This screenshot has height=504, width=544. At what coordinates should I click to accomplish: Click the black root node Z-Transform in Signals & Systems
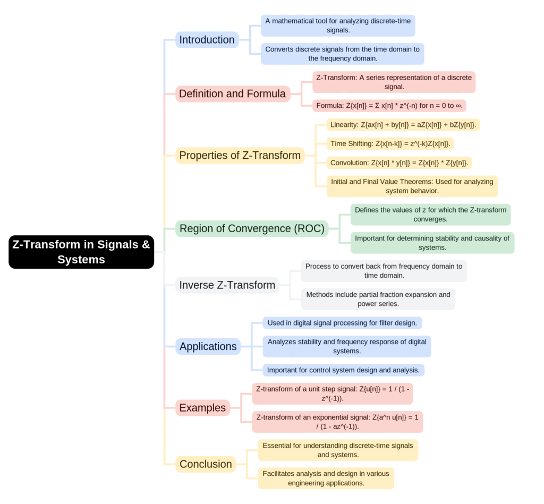81,252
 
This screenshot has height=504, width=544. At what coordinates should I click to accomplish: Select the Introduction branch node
207,40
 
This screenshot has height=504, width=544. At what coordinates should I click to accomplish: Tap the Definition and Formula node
232,94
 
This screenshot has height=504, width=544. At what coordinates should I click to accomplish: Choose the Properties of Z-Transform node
240,156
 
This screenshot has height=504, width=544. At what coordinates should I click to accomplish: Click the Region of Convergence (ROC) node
252,229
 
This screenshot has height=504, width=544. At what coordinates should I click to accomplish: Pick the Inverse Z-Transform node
227,285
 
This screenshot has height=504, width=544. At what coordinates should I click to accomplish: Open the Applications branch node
208,347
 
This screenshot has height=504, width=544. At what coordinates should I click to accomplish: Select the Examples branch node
202,408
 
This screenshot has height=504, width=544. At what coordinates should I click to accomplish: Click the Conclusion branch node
206,464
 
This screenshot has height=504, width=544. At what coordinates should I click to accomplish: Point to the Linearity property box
403,125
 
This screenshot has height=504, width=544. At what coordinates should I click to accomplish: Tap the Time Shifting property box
389,143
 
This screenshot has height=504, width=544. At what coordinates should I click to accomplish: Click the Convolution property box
399,163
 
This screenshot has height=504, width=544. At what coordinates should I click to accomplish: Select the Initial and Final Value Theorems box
412,186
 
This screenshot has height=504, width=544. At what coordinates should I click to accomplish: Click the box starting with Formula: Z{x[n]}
389,106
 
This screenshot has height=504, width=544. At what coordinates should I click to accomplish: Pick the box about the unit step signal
332,394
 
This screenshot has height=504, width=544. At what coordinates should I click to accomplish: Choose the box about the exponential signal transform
337,422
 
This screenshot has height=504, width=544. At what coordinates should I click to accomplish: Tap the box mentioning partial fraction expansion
378,300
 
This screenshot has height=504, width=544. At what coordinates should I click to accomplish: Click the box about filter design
343,323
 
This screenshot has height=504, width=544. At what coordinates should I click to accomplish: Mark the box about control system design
343,370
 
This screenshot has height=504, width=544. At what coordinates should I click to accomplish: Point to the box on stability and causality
432,243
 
